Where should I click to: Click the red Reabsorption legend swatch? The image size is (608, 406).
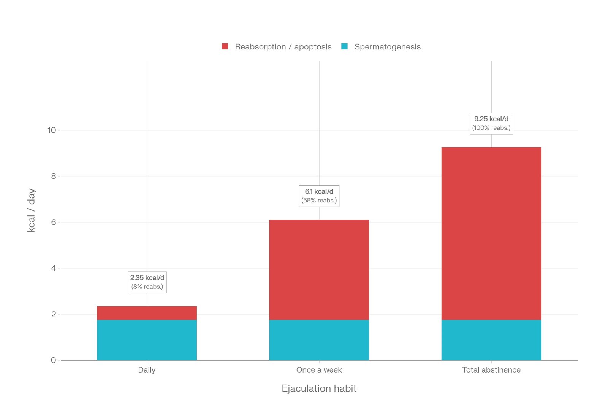(x=225, y=46)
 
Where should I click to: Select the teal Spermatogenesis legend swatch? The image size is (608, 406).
(x=344, y=46)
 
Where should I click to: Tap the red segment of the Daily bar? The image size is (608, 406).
(x=147, y=313)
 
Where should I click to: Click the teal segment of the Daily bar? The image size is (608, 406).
(x=147, y=340)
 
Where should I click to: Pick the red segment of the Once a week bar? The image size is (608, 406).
(x=319, y=269)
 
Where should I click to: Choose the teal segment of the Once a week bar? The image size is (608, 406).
(x=319, y=340)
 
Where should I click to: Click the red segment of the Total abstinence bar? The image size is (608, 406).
(x=491, y=233)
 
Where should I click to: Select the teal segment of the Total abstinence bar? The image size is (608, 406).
(x=491, y=340)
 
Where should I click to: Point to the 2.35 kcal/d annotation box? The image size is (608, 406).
(x=147, y=282)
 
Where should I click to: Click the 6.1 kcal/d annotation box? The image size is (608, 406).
(x=319, y=196)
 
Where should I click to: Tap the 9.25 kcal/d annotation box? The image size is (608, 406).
(x=491, y=123)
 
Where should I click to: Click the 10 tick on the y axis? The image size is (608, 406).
(x=52, y=130)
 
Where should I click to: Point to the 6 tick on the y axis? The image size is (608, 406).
(x=54, y=222)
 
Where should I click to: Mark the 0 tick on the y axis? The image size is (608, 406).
(x=54, y=360)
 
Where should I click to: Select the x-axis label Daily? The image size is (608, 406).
(x=147, y=370)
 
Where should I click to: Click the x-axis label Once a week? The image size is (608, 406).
(x=319, y=370)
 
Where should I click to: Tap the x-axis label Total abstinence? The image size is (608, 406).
(x=491, y=370)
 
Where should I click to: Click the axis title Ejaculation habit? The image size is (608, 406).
(x=319, y=388)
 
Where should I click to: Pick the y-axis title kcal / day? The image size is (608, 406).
(x=32, y=210)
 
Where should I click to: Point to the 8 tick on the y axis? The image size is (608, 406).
(x=54, y=176)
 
